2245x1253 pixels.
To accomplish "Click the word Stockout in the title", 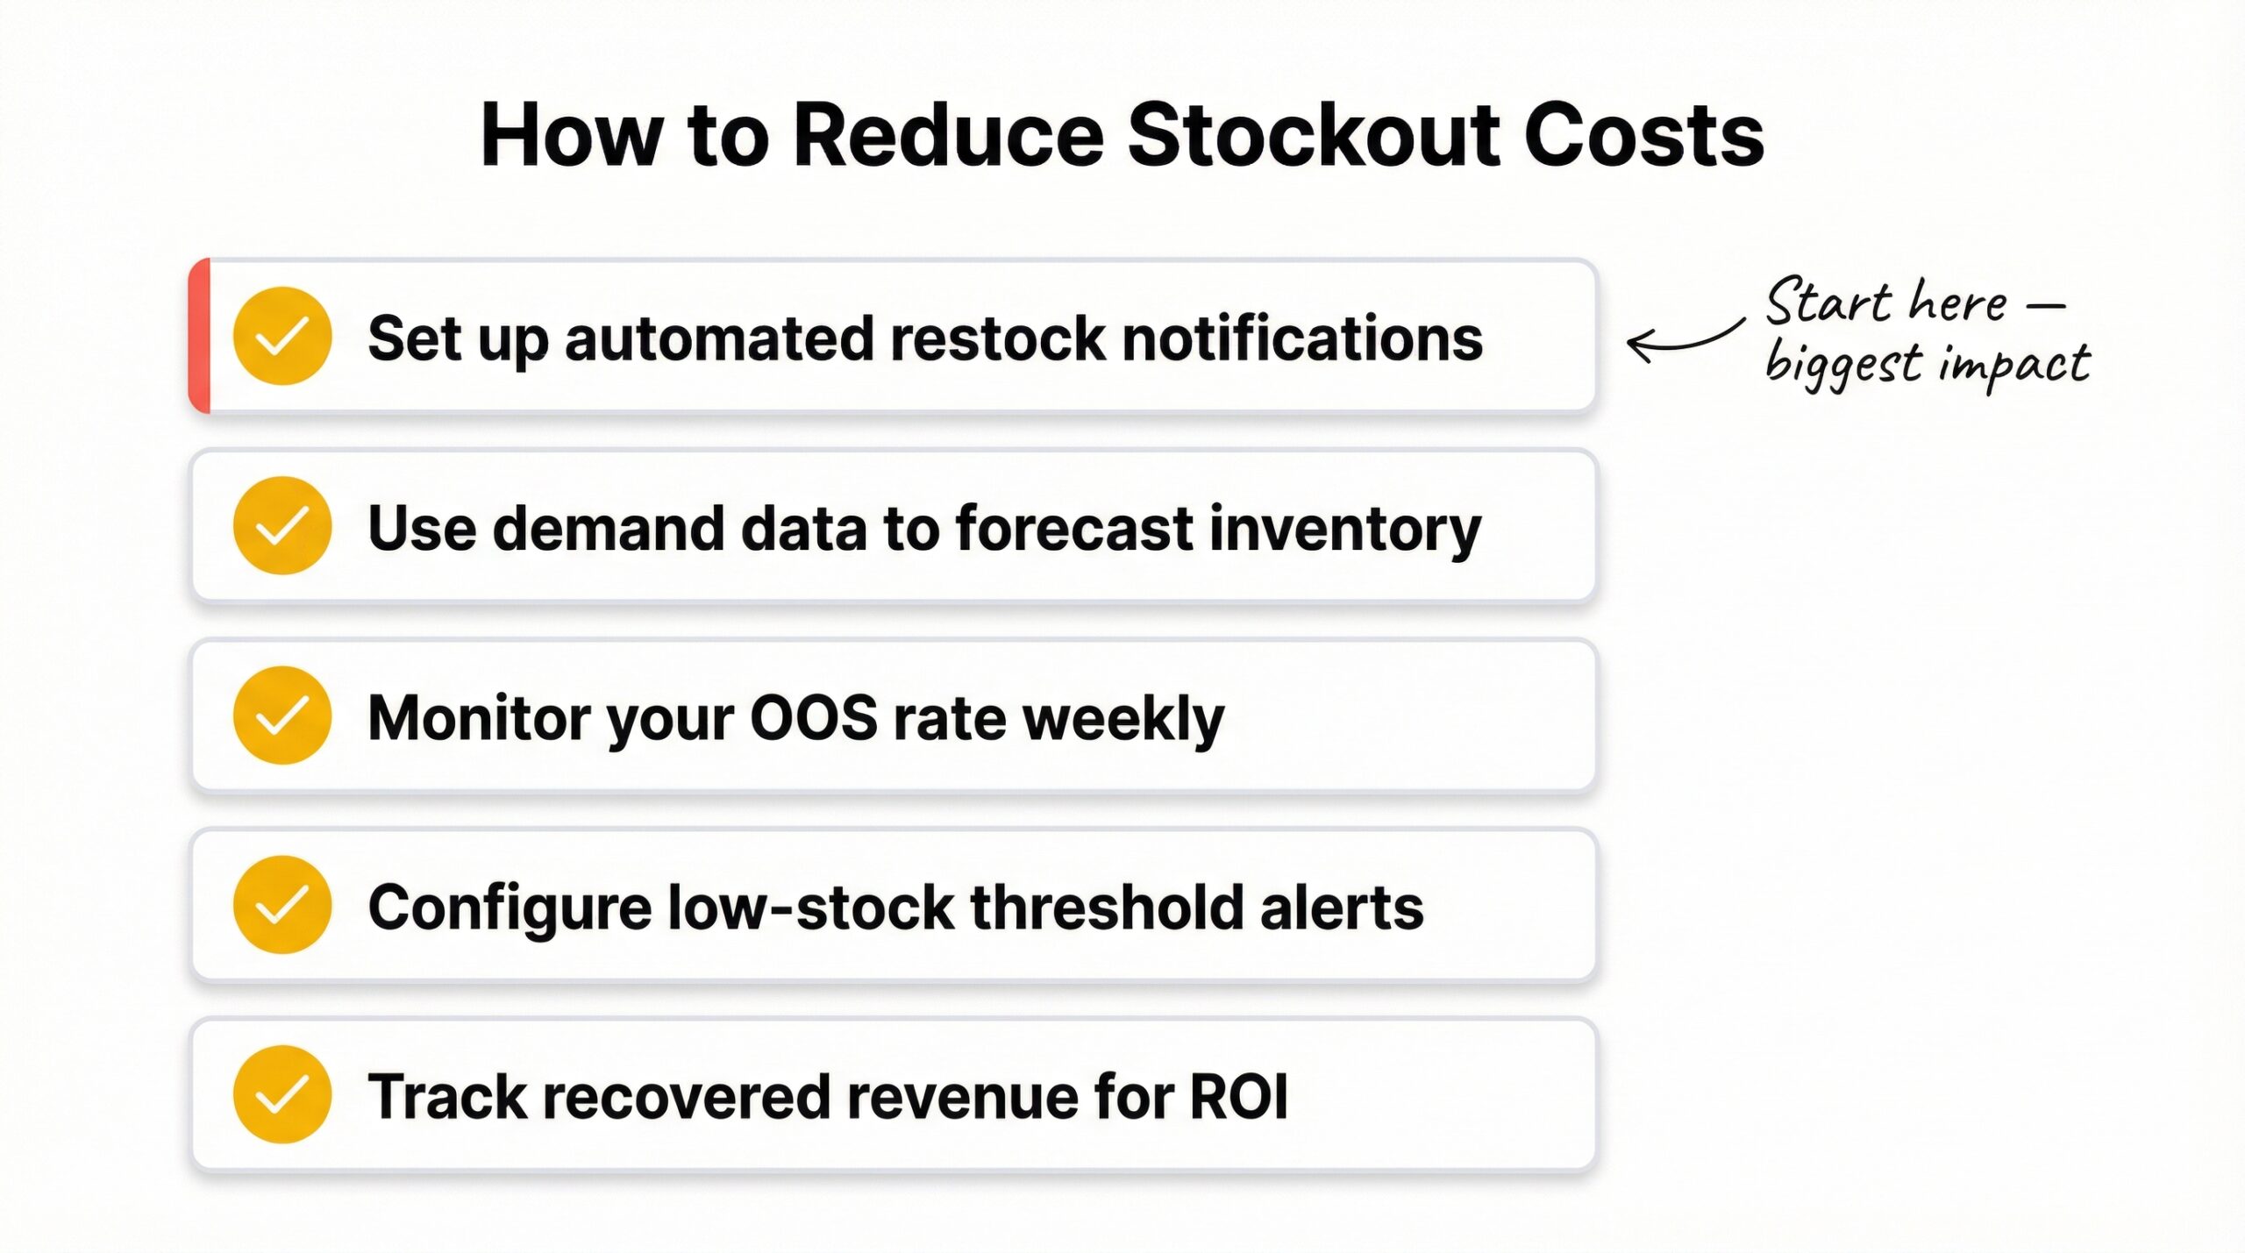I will click(1314, 137).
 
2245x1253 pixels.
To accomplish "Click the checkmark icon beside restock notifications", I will click(282, 337).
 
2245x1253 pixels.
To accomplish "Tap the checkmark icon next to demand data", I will click(282, 526).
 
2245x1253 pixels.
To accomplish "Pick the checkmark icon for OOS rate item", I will click(282, 715).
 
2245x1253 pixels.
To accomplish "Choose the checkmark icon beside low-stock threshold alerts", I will click(282, 905).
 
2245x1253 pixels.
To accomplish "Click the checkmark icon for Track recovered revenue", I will click(282, 1094).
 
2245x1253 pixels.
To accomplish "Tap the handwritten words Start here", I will click(1885, 303).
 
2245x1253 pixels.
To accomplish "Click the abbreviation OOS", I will click(814, 718).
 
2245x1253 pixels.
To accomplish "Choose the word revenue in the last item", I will click(962, 1097).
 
